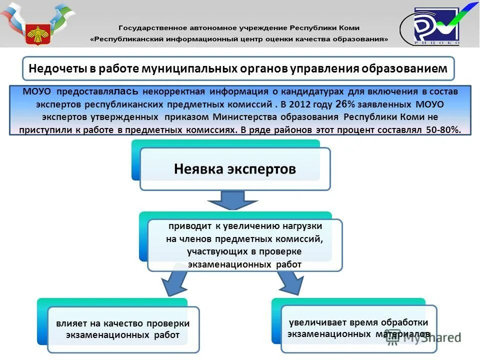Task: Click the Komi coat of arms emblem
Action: [x=37, y=32]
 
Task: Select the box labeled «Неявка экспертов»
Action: [x=235, y=169]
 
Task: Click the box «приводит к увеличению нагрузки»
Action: [x=244, y=245]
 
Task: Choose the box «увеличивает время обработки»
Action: [x=358, y=328]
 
